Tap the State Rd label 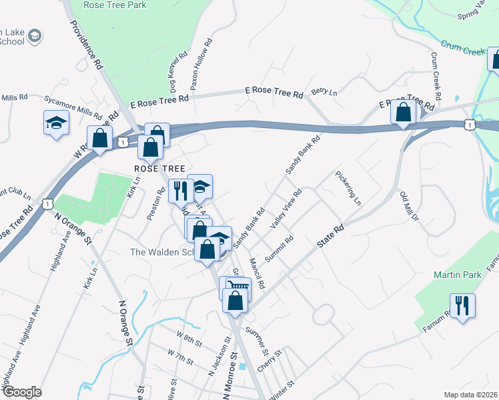(330, 236)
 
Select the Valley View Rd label (286, 210)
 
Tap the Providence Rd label (87, 45)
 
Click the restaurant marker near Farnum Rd (462, 306)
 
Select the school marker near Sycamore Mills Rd (57, 123)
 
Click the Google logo (22, 392)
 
